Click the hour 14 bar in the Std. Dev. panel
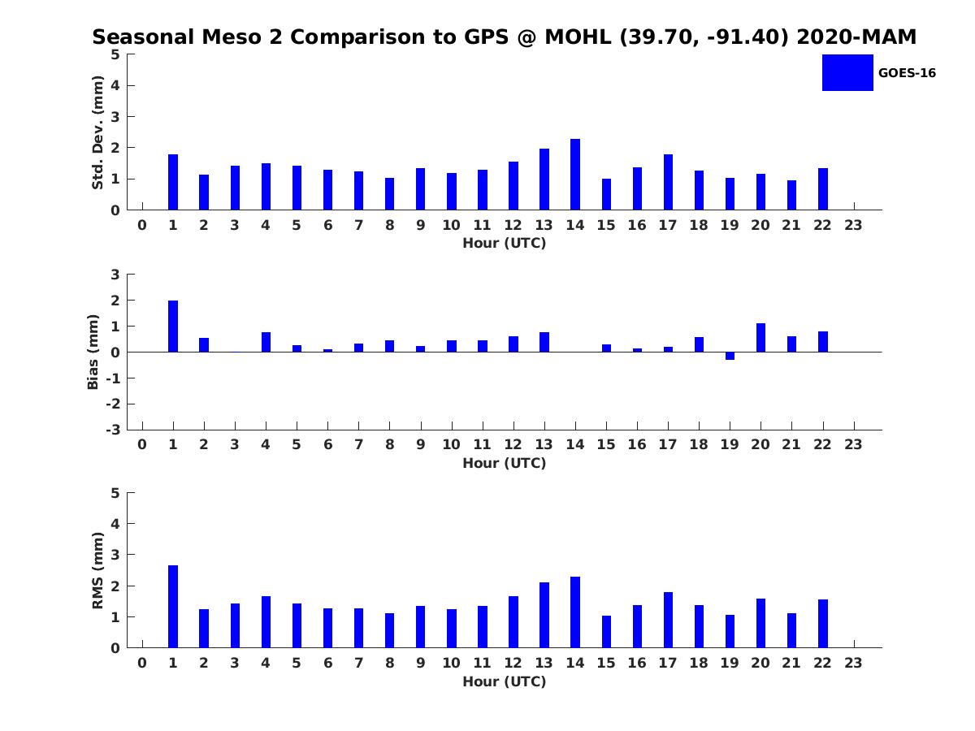pos(575,175)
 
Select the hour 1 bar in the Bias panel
pos(173,327)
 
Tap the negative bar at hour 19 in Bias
pos(730,356)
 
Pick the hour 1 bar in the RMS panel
pos(173,607)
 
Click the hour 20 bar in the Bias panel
pos(760,338)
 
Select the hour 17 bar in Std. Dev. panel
pos(668,182)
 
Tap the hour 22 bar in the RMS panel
pos(823,624)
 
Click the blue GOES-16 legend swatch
pos(847,73)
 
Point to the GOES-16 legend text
pos(907,73)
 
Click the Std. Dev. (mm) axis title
pos(98,132)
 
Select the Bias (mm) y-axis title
pos(93,352)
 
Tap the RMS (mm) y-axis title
pos(98,570)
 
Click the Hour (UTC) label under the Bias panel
pos(504,463)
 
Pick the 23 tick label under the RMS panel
pos(853,663)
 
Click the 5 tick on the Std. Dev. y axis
pos(116,54)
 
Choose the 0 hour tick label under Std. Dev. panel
pos(142,225)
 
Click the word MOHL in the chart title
pos(579,37)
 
